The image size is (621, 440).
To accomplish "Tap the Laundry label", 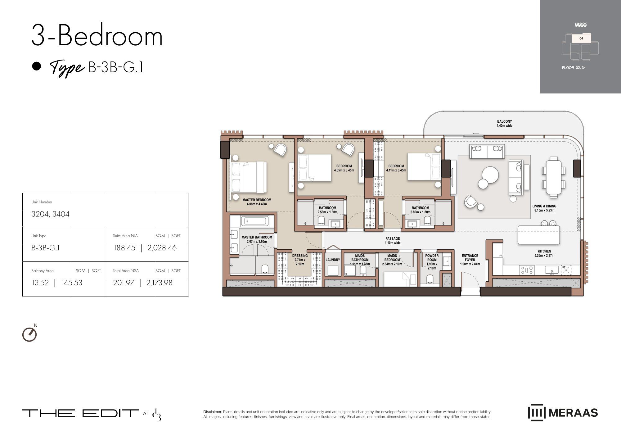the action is pyautogui.click(x=333, y=260).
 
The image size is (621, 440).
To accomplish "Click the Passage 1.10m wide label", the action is pyautogui.click(x=393, y=241).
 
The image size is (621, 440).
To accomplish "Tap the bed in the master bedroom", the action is pyautogui.click(x=248, y=177).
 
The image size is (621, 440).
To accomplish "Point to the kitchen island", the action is pyautogui.click(x=538, y=235).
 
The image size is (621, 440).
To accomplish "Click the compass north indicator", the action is pyautogui.click(x=30, y=334).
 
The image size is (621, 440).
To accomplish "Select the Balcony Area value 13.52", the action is pyautogui.click(x=40, y=283).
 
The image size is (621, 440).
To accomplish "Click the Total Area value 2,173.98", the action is pyautogui.click(x=159, y=283).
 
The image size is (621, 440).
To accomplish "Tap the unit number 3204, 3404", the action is pyautogui.click(x=50, y=214).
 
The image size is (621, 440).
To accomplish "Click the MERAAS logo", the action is pyautogui.click(x=563, y=413).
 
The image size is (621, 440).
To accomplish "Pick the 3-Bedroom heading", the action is pyautogui.click(x=97, y=36).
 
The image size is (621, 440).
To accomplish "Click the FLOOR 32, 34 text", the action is pyautogui.click(x=574, y=68).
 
